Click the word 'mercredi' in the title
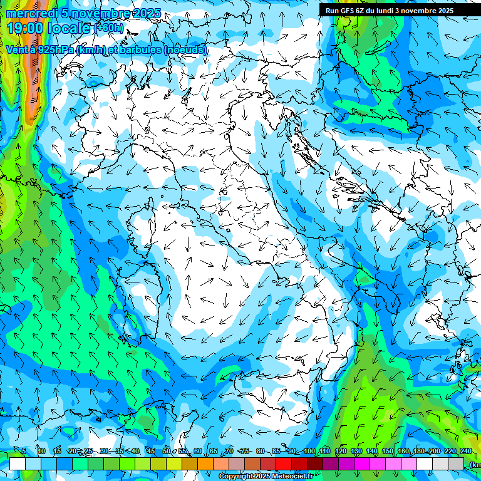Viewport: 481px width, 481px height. tap(29, 14)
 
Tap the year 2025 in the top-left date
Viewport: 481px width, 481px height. tap(143, 14)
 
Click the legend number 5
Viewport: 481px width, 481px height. tap(24, 451)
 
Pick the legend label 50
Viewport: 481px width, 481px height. tap(166, 451)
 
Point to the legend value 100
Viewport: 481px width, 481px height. tap(309, 451)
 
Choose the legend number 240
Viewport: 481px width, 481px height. tap(466, 451)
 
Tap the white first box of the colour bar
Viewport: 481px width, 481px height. tap(18, 463)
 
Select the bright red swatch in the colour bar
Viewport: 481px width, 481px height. tap(284, 463)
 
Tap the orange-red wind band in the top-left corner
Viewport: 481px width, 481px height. tap(33, 81)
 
